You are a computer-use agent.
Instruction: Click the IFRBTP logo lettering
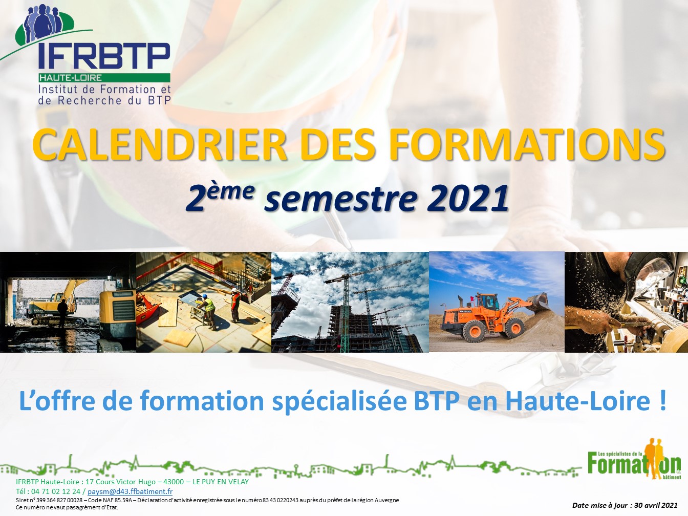pyautogui.click(x=104, y=56)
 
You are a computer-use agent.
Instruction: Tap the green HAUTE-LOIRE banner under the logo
pyautogui.click(x=104, y=78)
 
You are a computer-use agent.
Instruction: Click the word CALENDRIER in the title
pyautogui.click(x=160, y=144)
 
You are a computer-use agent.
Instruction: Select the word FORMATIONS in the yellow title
pyautogui.click(x=527, y=144)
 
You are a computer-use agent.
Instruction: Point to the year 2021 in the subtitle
pyautogui.click(x=467, y=199)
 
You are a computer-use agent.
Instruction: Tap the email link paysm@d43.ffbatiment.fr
pyautogui.click(x=130, y=491)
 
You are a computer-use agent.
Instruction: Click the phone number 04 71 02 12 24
pyautogui.click(x=56, y=491)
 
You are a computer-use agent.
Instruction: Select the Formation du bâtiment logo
pyautogui.click(x=634, y=459)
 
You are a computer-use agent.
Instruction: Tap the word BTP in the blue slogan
pyautogui.click(x=437, y=401)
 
